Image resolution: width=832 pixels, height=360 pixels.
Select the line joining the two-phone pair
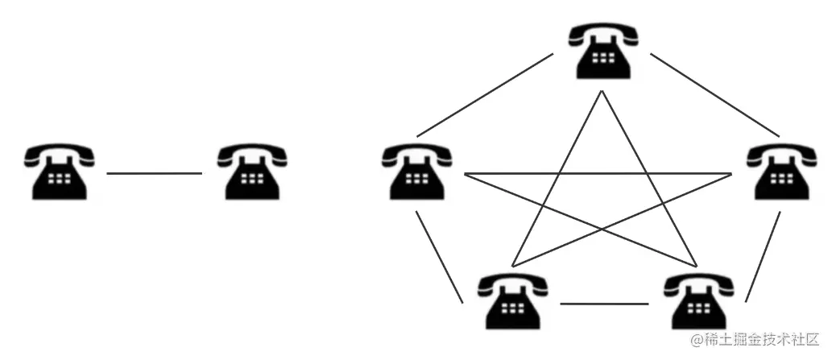(x=154, y=173)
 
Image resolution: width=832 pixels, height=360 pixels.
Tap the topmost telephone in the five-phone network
(x=602, y=50)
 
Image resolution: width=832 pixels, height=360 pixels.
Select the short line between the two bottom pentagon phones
(x=604, y=304)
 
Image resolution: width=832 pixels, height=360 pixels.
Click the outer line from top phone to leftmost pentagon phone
(x=486, y=94)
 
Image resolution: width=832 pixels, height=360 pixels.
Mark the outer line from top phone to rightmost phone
(x=714, y=94)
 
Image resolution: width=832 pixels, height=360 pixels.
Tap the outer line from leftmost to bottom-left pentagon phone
(x=440, y=257)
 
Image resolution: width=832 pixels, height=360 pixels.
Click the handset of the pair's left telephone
(x=58, y=153)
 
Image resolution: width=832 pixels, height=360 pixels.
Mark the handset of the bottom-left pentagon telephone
(x=513, y=282)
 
